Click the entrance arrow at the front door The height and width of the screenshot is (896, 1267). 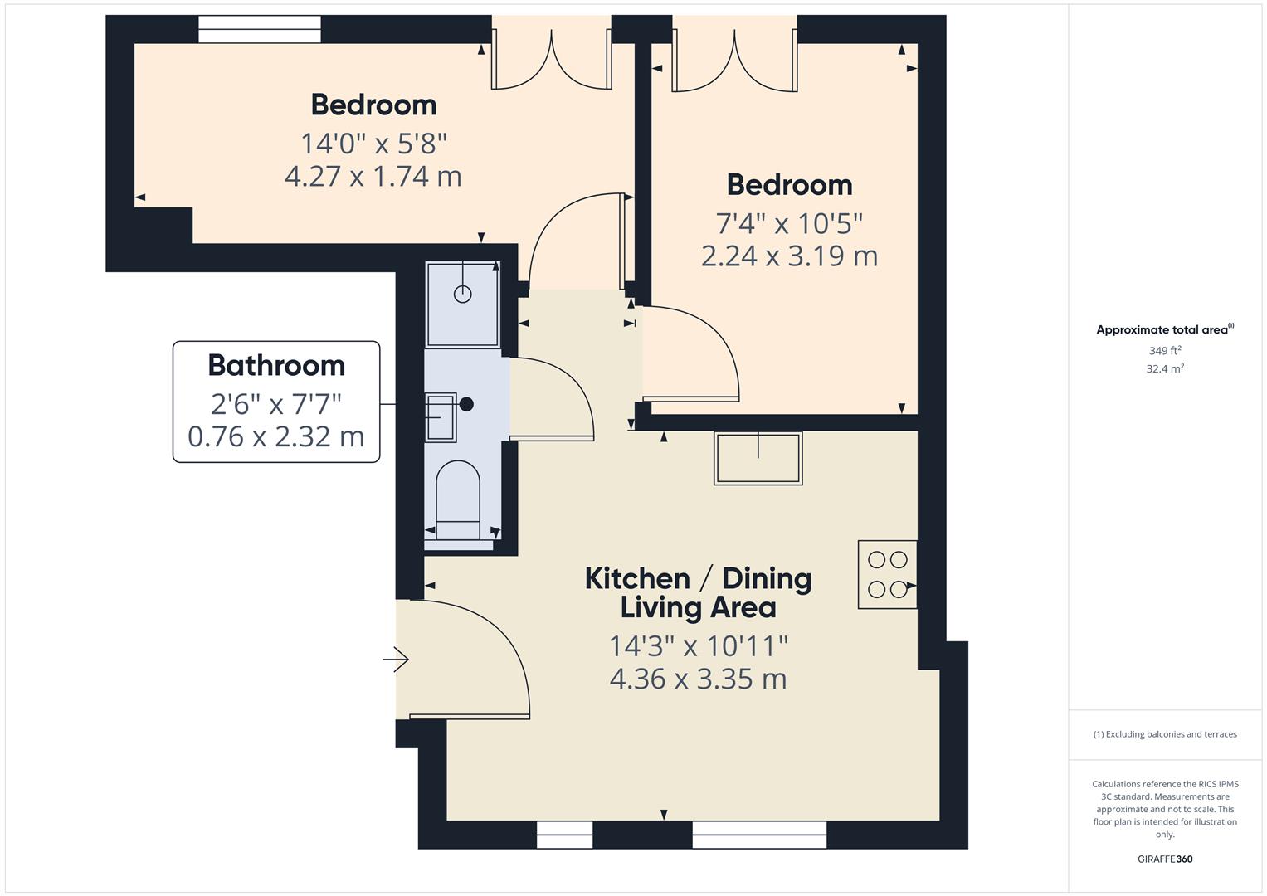pos(396,660)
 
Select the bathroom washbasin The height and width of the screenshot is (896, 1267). pos(441,416)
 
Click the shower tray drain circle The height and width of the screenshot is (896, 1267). pos(462,294)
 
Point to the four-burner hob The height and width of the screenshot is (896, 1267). pos(887,574)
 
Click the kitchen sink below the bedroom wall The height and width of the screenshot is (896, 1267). pos(758,457)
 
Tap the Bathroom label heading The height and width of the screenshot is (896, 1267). pos(276,365)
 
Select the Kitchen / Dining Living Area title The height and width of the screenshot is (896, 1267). pos(698,592)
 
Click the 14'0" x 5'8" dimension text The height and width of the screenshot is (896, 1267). pos(373,144)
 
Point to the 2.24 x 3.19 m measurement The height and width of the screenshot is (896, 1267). pos(789,256)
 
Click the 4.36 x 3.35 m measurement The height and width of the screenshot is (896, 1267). pos(698,679)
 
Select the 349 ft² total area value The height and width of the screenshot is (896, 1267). pos(1165,351)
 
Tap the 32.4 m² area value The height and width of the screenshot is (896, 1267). pos(1165,368)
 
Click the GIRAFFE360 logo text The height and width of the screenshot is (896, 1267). pos(1165,859)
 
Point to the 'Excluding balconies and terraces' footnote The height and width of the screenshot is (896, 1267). pos(1165,734)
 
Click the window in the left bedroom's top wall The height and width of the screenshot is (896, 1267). pos(259,29)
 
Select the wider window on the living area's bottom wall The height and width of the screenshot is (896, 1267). pos(759,835)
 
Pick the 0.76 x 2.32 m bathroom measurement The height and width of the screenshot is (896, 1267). pos(276,436)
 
